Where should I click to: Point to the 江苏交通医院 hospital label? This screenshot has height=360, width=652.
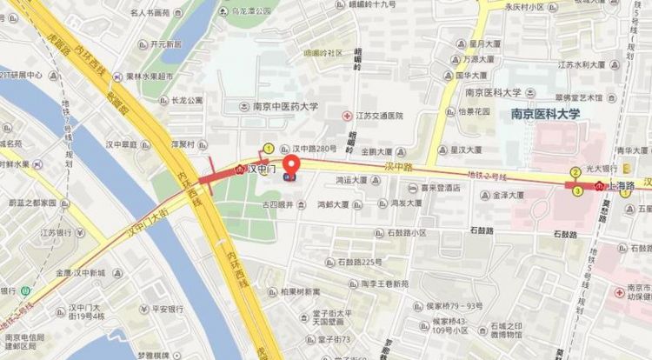(377, 115)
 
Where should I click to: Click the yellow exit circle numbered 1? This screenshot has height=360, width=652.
(269, 148)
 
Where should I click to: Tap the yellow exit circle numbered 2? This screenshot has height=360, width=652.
(575, 172)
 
